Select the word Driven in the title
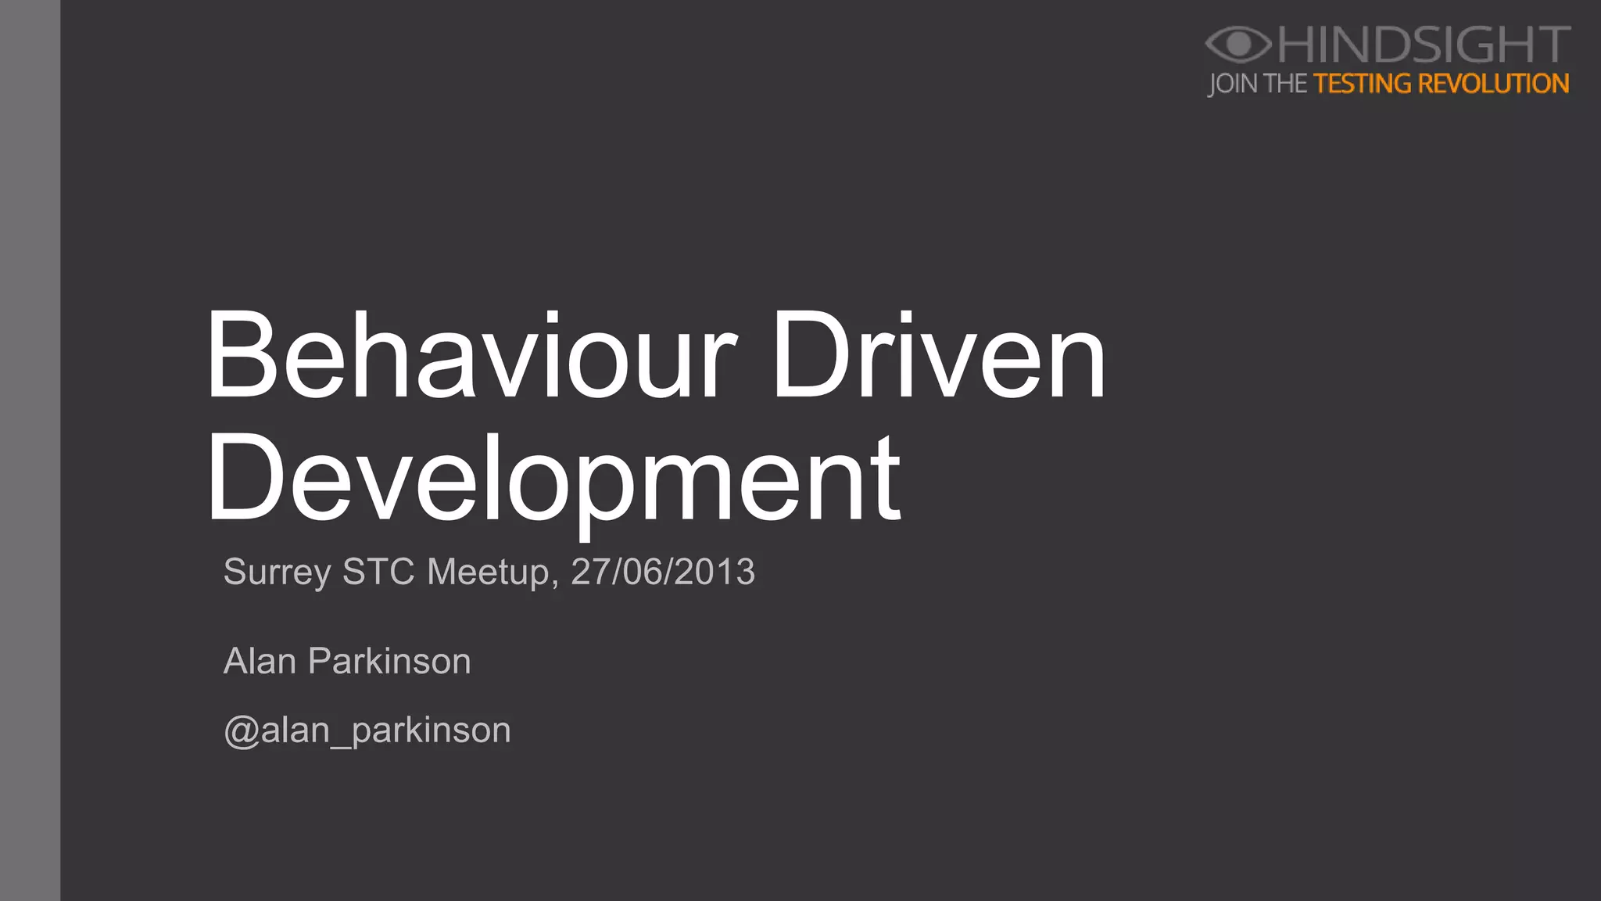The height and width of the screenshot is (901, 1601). pyautogui.click(x=939, y=356)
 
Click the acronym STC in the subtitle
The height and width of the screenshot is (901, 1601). pyautogui.click(x=378, y=572)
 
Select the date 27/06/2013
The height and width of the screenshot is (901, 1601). pyautogui.click(x=663, y=572)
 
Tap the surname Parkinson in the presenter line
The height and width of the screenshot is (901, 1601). pyautogui.click(x=389, y=662)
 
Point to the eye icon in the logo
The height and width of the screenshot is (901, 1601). pyautogui.click(x=1237, y=44)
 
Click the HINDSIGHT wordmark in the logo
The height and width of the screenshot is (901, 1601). pyautogui.click(x=1424, y=45)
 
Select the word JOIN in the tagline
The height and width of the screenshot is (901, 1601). pyautogui.click(x=1233, y=84)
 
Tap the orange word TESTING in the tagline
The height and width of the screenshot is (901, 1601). pyautogui.click(x=1362, y=84)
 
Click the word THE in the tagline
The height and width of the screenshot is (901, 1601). pyautogui.click(x=1285, y=84)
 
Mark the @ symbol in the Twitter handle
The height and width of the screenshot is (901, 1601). pyautogui.click(x=241, y=732)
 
